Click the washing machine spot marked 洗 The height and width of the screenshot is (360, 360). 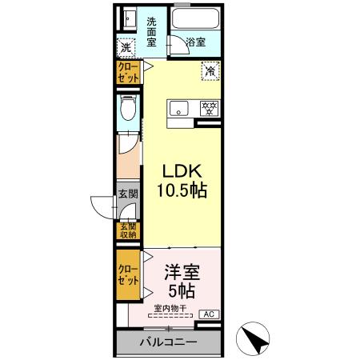(x=126, y=47)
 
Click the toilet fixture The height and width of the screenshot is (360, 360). (x=125, y=111)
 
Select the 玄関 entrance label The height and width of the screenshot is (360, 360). (x=128, y=194)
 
